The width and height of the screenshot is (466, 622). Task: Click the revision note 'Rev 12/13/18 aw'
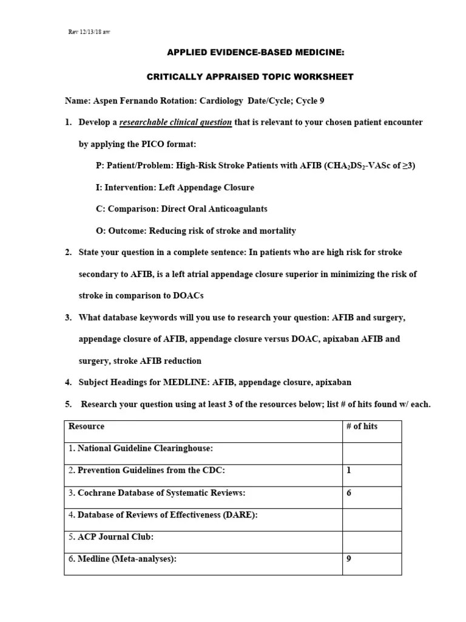pyautogui.click(x=89, y=32)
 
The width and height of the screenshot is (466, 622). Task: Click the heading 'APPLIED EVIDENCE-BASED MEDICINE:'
pyautogui.click(x=255, y=53)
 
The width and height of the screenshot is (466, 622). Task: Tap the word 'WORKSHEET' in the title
pyautogui.click(x=325, y=77)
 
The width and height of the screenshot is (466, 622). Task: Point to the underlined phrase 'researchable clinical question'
pyautogui.click(x=175, y=122)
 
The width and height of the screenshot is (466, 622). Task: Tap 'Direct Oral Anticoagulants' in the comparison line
pyautogui.click(x=215, y=209)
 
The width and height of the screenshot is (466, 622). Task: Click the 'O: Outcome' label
pyautogui.click(x=119, y=231)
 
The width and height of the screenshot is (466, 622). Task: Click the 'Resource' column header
pyautogui.click(x=86, y=426)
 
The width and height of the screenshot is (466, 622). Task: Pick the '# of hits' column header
pyautogui.click(x=362, y=426)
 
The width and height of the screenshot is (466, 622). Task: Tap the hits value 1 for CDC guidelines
pyautogui.click(x=349, y=470)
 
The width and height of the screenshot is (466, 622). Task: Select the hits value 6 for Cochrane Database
pyautogui.click(x=349, y=493)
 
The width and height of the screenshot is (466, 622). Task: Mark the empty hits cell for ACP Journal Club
pyautogui.click(x=371, y=537)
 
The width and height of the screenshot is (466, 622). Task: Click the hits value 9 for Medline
pyautogui.click(x=349, y=559)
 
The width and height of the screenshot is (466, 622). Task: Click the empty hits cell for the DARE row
pyautogui.click(x=371, y=515)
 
